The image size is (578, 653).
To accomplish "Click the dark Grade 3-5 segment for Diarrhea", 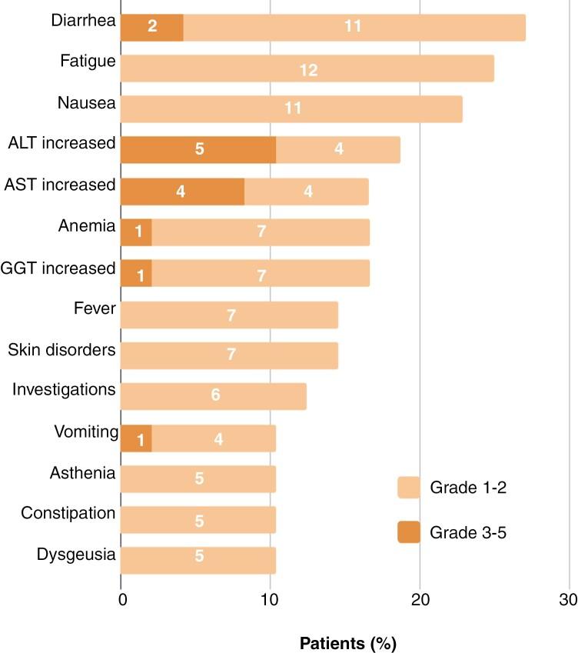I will [x=152, y=27].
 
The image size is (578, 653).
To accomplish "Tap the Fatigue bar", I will [x=307, y=68].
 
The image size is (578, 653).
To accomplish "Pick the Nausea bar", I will [x=292, y=108].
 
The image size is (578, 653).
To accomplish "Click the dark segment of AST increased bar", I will [x=182, y=190].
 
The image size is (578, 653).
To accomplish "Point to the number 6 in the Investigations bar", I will [x=215, y=395].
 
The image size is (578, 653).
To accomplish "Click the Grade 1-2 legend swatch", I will [x=409, y=488].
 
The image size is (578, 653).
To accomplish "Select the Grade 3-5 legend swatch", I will [x=409, y=530].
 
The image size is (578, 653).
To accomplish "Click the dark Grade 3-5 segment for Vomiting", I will [x=136, y=438].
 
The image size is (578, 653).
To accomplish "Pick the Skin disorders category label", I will [x=61, y=350].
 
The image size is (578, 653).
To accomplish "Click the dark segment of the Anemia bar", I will [x=136, y=231].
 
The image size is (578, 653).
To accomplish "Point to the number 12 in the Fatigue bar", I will [x=307, y=69].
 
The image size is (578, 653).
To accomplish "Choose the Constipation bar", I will [x=198, y=519].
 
